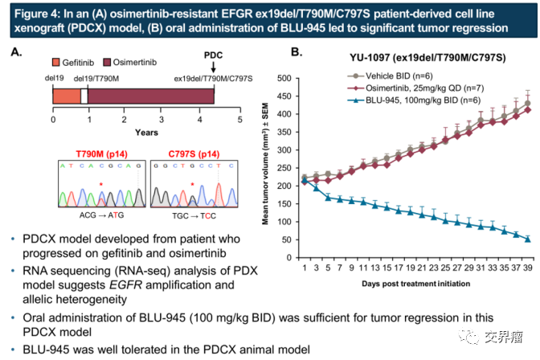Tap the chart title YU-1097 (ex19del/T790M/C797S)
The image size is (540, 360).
[415, 58]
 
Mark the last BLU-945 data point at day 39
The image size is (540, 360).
[528, 239]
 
